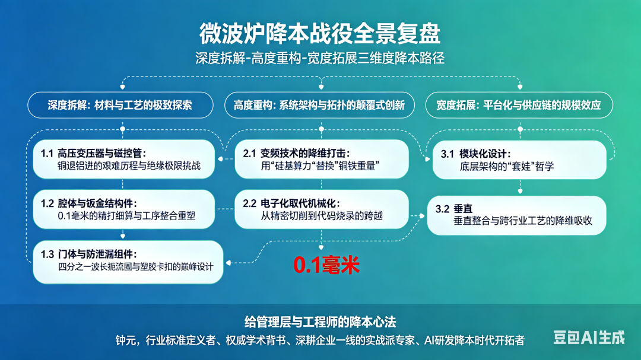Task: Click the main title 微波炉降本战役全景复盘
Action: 320,33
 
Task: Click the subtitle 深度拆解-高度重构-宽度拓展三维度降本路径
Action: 320,59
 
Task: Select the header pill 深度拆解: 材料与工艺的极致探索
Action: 120,106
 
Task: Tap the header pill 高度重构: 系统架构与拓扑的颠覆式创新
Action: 320,106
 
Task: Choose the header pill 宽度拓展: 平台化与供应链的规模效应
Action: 519,106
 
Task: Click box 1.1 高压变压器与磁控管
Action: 124,160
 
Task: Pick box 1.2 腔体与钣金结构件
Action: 124,209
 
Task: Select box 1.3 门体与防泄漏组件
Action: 128,262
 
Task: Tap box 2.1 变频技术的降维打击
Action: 322,160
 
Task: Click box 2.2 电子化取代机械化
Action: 322,209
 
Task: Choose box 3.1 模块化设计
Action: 519,160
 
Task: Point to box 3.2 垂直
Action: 517,215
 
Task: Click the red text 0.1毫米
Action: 326,265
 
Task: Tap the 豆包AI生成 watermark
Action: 589,337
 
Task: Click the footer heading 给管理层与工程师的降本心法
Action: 320,322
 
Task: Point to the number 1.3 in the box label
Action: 47,254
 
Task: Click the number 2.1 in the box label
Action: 249,154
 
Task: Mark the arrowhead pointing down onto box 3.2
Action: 520,191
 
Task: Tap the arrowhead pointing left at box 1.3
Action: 229,263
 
